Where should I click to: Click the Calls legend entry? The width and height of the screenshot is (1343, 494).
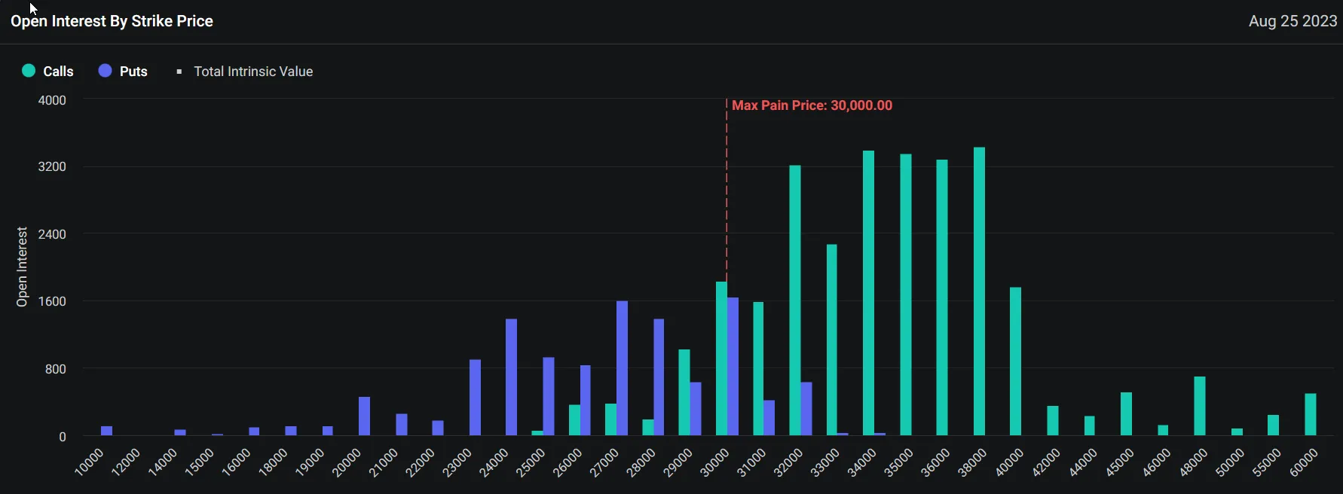48,71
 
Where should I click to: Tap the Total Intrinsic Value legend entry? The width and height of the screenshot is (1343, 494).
245,71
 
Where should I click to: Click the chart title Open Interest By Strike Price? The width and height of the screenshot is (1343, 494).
112,21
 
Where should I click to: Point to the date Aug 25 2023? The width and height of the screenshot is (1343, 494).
1293,21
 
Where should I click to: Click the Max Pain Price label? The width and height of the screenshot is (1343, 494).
812,105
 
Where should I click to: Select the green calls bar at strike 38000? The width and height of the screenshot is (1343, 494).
979,291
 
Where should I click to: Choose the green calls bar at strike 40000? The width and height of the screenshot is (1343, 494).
1015,361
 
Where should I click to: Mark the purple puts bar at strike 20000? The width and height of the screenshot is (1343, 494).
364,416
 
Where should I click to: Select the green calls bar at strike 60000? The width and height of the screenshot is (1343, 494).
1311,414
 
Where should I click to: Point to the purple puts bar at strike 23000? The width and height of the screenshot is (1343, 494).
475,397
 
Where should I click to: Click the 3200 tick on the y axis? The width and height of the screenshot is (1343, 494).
52,166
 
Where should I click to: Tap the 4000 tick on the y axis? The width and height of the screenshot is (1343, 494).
52,100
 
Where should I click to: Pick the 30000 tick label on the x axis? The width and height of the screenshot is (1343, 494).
714,462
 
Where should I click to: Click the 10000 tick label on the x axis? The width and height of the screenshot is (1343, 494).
88,462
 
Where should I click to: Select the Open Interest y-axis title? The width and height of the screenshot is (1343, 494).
22,267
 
